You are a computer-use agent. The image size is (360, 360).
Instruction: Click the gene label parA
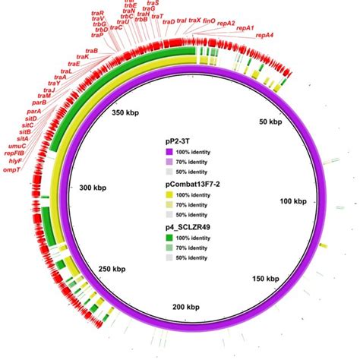[x=34, y=111]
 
